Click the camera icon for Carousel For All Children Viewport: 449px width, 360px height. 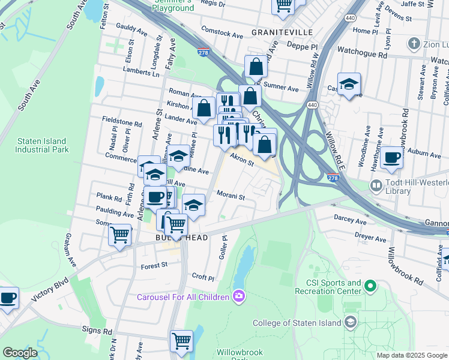[x=239, y=296]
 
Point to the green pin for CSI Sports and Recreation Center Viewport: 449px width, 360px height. [x=370, y=287]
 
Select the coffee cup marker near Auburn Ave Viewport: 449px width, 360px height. [x=391, y=157]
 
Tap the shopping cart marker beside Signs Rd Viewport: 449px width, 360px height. [x=181, y=341]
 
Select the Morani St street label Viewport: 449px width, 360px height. [x=231, y=197]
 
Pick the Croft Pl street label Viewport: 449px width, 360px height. [x=203, y=278]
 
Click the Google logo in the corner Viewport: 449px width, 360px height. [x=20, y=353]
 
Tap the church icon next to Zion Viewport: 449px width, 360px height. [x=414, y=43]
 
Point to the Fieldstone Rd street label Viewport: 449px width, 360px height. [x=122, y=122]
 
